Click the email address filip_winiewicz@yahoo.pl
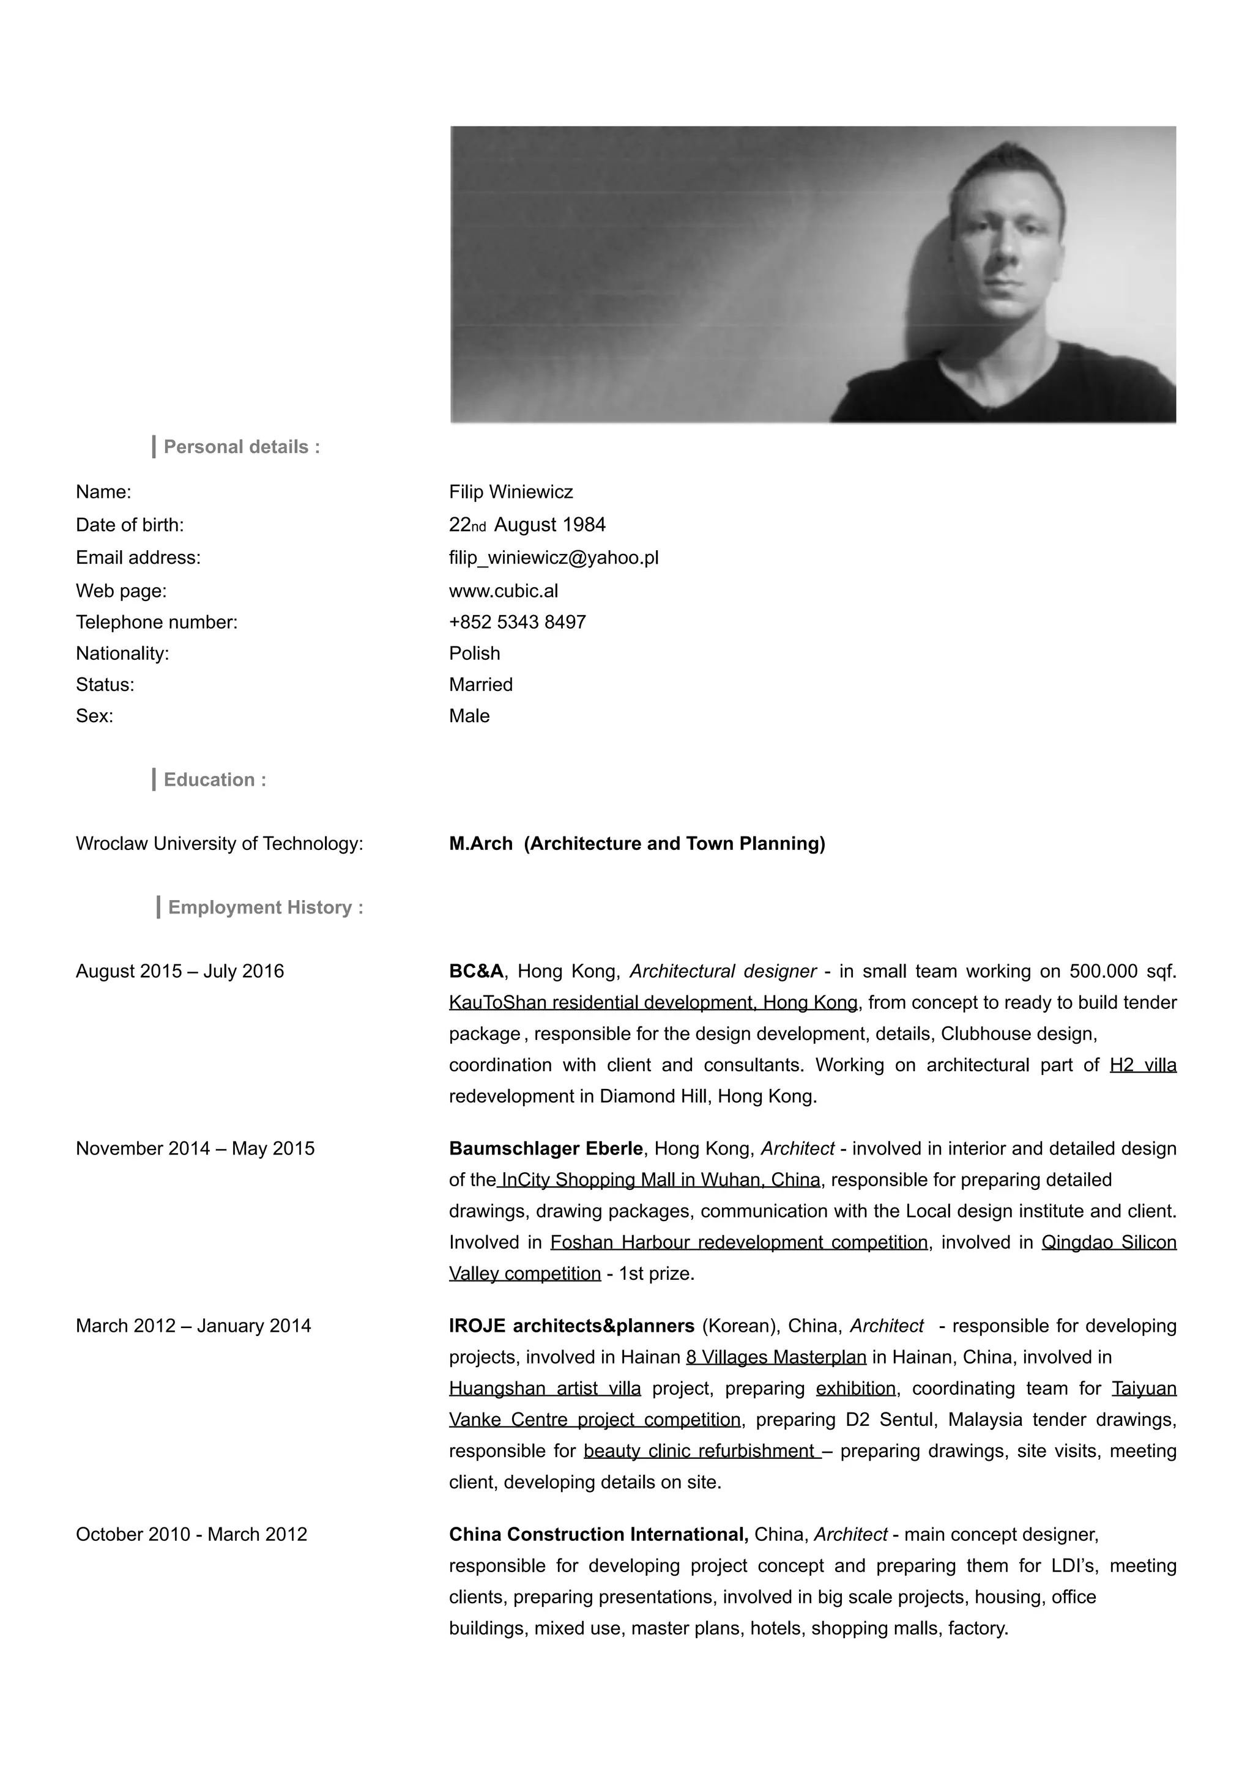(554, 558)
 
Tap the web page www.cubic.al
(504, 591)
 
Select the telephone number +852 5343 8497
(517, 622)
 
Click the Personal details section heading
(241, 447)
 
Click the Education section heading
(215, 780)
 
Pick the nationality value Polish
(475, 654)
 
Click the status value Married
(481, 685)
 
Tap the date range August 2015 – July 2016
(180, 971)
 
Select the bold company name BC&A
(475, 971)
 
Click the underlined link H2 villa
(1143, 1065)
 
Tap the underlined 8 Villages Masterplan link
(776, 1357)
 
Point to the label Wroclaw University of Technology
(219, 844)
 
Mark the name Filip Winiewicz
(511, 492)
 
